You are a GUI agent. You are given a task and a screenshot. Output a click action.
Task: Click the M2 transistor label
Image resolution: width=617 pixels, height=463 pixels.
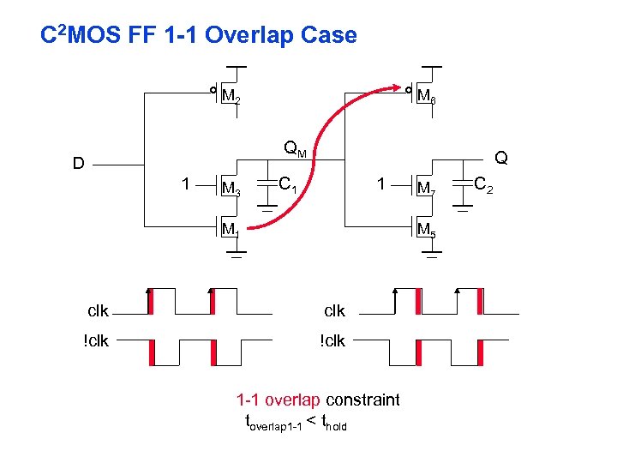tap(231, 99)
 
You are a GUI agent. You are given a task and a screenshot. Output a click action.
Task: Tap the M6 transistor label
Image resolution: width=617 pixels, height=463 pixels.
tap(426, 98)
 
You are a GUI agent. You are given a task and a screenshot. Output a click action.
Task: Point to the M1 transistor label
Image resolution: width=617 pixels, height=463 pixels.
tap(230, 229)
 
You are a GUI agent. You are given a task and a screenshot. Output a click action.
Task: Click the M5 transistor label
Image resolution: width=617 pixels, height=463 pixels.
tap(426, 229)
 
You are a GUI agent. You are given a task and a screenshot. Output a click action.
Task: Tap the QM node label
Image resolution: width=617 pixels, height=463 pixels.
tap(295, 151)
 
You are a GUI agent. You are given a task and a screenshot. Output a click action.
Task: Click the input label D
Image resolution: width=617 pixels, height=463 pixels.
tap(78, 164)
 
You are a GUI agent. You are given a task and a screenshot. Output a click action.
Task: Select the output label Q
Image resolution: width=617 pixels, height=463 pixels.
tap(501, 158)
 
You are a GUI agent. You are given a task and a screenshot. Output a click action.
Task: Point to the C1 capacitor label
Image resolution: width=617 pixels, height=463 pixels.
tap(288, 183)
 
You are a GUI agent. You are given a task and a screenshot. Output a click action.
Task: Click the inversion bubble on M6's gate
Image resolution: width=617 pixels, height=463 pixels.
tap(409, 89)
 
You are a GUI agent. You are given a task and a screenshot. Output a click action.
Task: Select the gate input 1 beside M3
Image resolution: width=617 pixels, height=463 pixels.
tap(185, 183)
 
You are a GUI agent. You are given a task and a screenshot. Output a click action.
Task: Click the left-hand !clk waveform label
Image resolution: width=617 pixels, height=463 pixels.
tap(96, 340)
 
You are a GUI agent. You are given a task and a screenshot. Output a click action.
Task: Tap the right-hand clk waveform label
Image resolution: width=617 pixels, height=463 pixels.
tap(333, 310)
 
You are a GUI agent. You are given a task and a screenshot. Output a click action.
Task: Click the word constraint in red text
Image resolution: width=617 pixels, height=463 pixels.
tap(362, 400)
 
